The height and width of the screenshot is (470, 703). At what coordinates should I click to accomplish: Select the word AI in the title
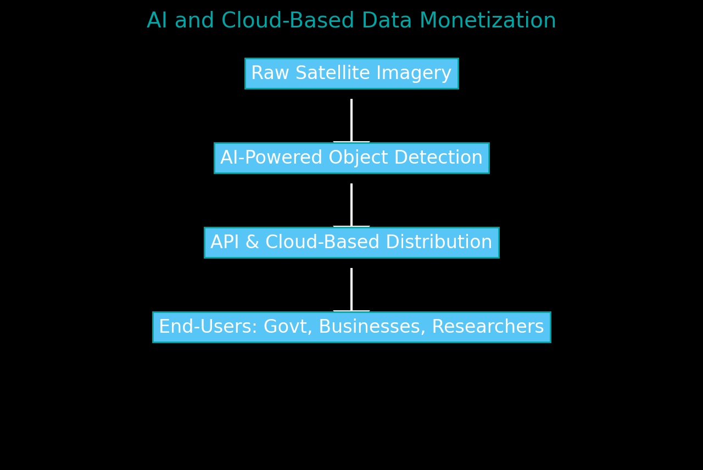tap(157, 21)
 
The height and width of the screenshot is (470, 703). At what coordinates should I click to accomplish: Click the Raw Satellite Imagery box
tap(351, 74)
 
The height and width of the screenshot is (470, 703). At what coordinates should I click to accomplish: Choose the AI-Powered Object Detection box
tap(351, 158)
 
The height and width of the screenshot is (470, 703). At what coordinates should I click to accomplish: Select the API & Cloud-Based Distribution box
tap(351, 243)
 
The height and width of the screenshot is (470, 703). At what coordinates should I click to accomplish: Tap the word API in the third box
tap(224, 243)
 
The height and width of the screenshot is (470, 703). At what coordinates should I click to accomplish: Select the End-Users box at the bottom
tap(351, 327)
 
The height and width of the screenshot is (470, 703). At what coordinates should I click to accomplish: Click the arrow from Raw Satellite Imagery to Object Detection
tap(351, 120)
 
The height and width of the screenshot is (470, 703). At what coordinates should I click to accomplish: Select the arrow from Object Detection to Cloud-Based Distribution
tap(351, 205)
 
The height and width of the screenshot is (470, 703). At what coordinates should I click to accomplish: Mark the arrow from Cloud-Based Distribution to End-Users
tap(351, 289)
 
